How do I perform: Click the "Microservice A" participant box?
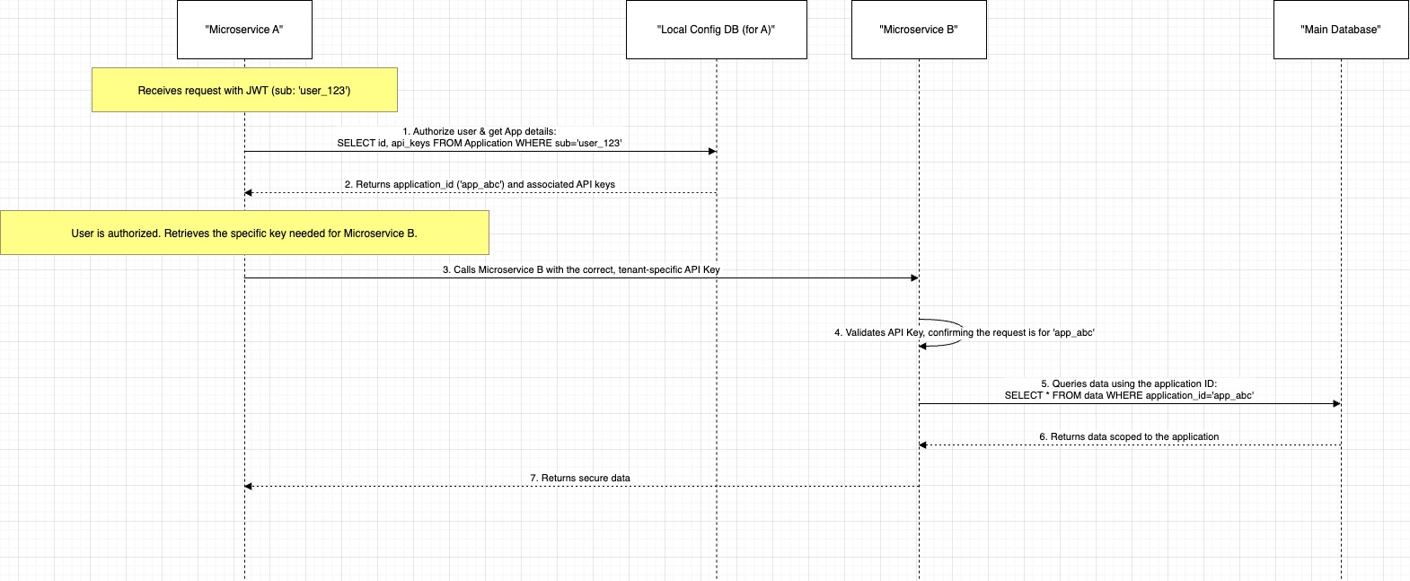coord(244,30)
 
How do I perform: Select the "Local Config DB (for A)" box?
coord(717,30)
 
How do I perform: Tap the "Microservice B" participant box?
coord(919,30)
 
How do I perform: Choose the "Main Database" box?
coord(1341,30)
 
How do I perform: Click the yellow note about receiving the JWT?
coord(244,90)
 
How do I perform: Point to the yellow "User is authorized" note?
coord(244,233)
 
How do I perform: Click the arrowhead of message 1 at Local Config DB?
coord(712,151)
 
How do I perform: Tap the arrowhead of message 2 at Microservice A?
coord(249,192)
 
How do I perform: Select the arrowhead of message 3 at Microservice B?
coord(914,277)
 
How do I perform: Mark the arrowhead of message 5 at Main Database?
coord(1336,403)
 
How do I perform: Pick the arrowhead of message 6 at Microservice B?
coord(923,445)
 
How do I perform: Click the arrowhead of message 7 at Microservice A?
coord(249,486)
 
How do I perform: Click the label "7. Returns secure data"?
coord(580,479)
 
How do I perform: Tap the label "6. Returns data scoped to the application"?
coord(1129,436)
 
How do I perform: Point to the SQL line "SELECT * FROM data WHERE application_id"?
coord(1105,396)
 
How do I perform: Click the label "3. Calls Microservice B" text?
coord(493,269)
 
